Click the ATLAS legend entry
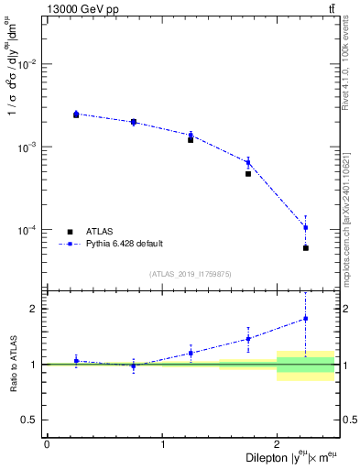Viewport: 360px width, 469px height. tap(100, 232)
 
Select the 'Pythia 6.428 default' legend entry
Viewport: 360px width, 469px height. tap(124, 244)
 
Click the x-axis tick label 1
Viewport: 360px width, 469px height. tap(162, 444)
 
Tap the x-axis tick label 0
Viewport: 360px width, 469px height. tap(47, 444)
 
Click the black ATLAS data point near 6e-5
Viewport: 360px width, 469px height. tap(306, 247)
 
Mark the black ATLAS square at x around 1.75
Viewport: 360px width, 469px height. tap(248, 173)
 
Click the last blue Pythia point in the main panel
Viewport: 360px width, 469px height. tap(306, 227)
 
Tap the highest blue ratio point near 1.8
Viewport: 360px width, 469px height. tap(306, 319)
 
